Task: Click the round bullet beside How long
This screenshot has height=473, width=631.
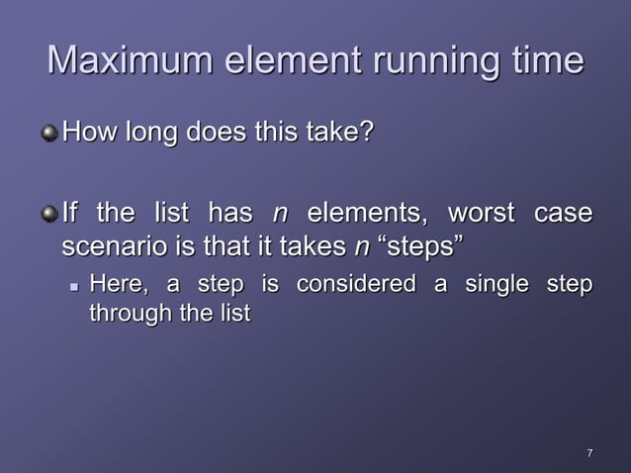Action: click(49, 132)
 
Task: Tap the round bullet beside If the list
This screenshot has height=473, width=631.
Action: click(49, 214)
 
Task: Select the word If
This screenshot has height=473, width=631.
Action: click(69, 214)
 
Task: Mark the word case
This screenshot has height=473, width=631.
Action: click(563, 214)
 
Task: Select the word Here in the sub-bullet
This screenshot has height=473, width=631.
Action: click(117, 285)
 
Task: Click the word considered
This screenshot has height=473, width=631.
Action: click(356, 285)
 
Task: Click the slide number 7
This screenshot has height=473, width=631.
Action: click(589, 453)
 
